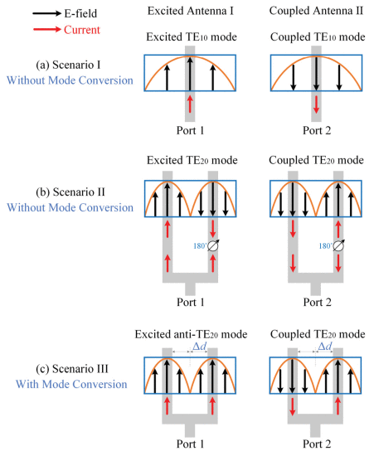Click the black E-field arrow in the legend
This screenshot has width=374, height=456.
tap(47, 13)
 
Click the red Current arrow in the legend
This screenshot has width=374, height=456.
tap(47, 29)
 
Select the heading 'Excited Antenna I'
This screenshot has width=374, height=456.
tap(191, 11)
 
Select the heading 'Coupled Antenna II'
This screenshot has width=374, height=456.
tap(316, 11)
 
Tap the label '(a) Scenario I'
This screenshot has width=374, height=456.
tap(68, 65)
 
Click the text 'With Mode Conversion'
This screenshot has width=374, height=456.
tap(71, 384)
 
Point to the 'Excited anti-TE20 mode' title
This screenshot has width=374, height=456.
tap(191, 334)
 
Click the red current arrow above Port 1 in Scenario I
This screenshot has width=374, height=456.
tap(190, 104)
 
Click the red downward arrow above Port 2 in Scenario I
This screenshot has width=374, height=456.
tap(316, 104)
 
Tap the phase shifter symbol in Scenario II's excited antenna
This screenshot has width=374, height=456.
tap(213, 245)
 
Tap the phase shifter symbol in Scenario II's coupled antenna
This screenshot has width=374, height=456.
tap(338, 245)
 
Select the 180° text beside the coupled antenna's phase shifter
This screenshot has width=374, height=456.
tap(325, 246)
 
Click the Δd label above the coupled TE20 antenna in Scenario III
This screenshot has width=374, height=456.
tap(325, 346)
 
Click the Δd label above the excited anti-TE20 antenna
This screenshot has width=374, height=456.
tap(200, 346)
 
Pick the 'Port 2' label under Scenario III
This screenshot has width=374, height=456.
tap(317, 444)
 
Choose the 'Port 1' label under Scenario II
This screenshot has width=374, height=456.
tap(191, 302)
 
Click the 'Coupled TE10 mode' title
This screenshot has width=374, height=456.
tap(318, 37)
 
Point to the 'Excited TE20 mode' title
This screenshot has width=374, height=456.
tap(192, 160)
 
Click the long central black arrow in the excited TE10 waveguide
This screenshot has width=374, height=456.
tap(190, 73)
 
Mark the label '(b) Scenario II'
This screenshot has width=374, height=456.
tap(70, 192)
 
